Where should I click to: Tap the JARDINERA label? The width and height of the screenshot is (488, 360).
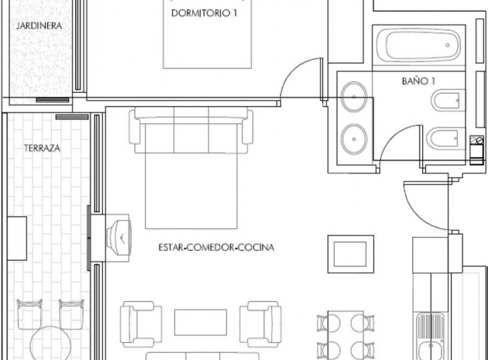(x=38, y=25)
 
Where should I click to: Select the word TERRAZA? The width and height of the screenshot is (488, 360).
(x=43, y=146)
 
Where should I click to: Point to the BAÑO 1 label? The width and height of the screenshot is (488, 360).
(x=418, y=81)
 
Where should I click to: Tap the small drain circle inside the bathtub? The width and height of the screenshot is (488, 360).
(x=448, y=46)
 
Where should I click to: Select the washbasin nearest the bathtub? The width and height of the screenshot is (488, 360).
(x=354, y=96)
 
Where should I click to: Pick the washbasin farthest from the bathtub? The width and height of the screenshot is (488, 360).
(x=354, y=135)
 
